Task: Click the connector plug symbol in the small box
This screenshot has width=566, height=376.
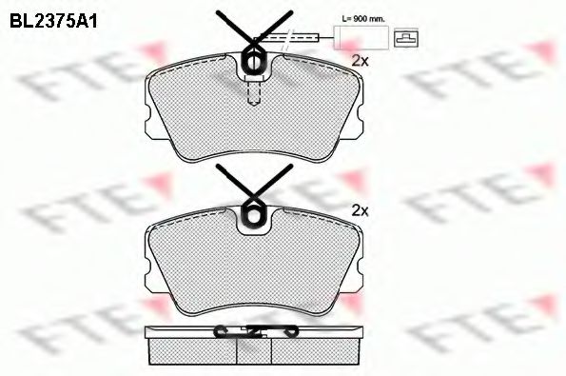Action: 406,38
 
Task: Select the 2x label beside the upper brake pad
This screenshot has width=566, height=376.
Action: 360,60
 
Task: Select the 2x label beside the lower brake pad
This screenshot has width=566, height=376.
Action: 360,208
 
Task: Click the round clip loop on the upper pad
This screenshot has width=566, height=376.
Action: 256,60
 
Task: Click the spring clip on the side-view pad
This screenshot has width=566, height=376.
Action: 255,331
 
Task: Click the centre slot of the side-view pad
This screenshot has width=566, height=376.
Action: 255,351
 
